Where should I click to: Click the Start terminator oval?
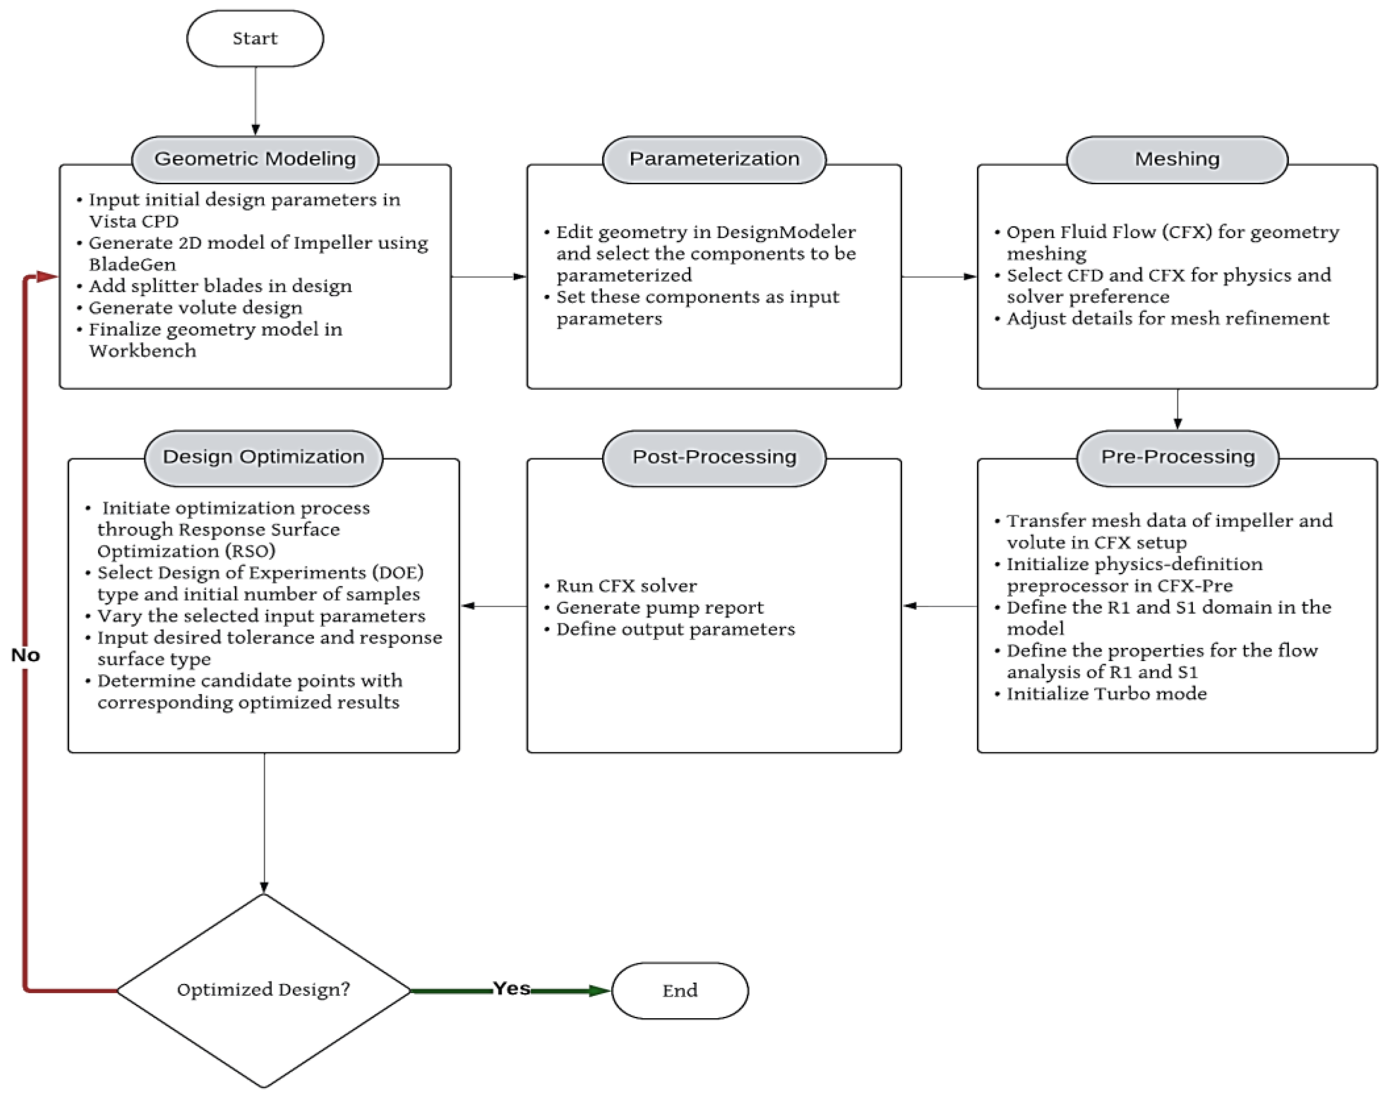(x=255, y=39)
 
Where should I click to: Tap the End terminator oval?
(x=680, y=991)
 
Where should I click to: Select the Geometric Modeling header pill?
(x=255, y=159)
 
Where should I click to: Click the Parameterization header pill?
(x=714, y=159)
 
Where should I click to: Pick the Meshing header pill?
(x=1177, y=159)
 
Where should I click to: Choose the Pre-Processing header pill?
(x=1177, y=457)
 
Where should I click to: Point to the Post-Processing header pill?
(x=714, y=457)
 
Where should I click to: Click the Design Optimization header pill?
(x=264, y=457)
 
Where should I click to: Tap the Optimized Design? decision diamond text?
(x=264, y=989)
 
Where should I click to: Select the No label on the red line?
(x=26, y=655)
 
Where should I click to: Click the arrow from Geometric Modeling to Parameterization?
(x=488, y=277)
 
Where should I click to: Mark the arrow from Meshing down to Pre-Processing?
(x=1177, y=409)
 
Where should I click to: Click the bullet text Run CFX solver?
(x=626, y=586)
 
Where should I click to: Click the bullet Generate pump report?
(x=660, y=608)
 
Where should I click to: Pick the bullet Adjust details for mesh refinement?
(x=1167, y=319)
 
